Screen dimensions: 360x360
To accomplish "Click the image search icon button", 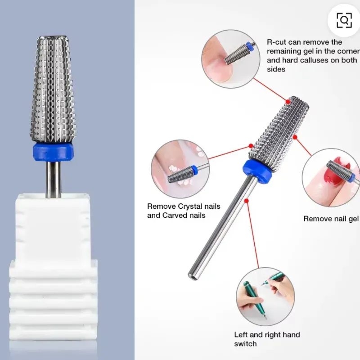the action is tap(344, 20).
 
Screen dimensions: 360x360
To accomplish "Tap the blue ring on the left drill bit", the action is tap(53, 153).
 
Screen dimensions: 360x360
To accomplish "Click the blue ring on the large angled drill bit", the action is tap(257, 171).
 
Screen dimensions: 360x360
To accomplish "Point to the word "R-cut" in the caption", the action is tap(277, 42).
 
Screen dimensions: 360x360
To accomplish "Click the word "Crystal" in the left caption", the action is tap(188, 206).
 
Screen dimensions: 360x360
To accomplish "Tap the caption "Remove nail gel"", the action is tap(331, 219).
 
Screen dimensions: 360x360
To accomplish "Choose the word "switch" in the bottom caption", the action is tap(245, 344).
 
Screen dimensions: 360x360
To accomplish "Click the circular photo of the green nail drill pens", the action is tap(265, 297).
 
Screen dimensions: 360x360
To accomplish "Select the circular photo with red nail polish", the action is tap(331, 177).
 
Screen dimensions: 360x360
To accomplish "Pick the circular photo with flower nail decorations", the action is tap(180, 169).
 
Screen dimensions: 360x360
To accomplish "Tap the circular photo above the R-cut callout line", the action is tap(231, 58).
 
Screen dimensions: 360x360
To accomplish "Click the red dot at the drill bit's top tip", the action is tap(288, 102).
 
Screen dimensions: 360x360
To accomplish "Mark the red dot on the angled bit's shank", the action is tap(246, 201).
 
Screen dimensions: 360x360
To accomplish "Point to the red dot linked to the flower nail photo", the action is tap(251, 145).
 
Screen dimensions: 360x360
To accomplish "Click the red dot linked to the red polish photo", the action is tap(295, 137).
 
